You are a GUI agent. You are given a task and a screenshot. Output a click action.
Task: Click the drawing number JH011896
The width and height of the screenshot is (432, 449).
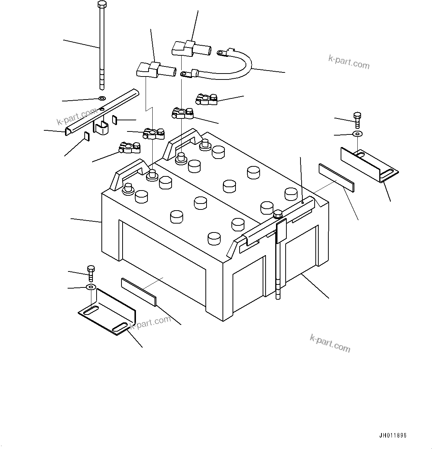393,436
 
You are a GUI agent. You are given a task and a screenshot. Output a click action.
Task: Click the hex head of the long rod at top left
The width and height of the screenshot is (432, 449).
102,5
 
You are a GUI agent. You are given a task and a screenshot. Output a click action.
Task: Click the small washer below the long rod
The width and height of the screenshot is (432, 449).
102,99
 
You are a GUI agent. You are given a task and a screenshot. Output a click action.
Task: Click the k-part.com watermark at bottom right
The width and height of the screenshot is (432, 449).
329,342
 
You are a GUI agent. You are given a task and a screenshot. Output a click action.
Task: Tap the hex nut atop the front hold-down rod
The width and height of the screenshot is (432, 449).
278,214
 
